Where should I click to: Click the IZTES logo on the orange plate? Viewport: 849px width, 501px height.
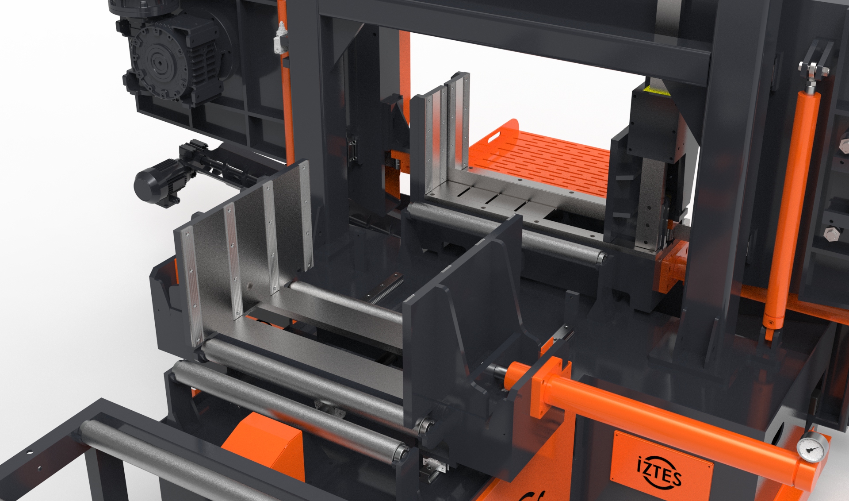tap(659, 472)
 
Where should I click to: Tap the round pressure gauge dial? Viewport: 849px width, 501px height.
tap(813, 447)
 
